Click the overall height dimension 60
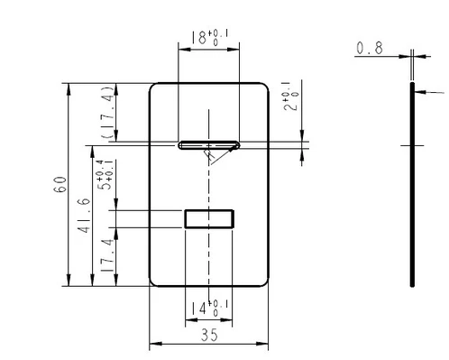60,184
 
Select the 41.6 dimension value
84,216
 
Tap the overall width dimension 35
209,335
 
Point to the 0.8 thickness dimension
370,48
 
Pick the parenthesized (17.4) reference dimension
108,112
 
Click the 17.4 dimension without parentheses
107,255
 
